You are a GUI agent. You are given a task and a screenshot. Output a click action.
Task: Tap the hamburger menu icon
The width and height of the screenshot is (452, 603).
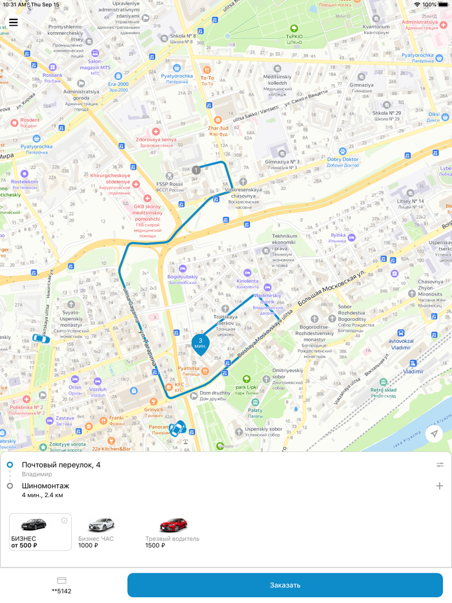tap(14, 23)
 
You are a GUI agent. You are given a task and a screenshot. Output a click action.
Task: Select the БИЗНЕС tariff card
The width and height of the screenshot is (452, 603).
tap(40, 531)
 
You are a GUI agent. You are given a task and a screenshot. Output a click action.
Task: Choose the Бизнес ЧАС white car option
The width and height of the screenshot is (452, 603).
tap(101, 532)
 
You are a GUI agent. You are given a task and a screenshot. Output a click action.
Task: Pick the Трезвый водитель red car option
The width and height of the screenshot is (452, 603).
tap(172, 532)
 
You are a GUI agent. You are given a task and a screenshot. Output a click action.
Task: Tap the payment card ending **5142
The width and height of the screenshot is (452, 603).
tap(62, 585)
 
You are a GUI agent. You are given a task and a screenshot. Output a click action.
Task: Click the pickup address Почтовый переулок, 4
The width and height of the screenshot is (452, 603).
tap(61, 465)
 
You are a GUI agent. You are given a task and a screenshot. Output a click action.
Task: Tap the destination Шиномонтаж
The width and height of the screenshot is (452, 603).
tap(46, 486)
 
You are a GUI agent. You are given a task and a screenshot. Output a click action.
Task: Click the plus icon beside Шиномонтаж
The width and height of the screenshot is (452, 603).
tap(440, 486)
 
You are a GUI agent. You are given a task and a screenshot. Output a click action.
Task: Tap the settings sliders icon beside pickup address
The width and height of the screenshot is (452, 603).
tap(440, 465)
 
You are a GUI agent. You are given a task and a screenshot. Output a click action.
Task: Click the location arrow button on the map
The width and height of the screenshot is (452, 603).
tap(435, 434)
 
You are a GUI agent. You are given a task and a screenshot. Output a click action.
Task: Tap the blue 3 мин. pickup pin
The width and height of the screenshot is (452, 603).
tap(201, 343)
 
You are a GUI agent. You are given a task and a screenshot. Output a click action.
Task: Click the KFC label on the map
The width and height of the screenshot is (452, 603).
tap(179, 385)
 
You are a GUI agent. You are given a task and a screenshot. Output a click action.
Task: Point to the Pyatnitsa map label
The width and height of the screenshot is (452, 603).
tap(189, 369)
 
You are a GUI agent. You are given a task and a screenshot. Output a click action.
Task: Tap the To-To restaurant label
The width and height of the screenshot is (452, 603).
tap(207, 78)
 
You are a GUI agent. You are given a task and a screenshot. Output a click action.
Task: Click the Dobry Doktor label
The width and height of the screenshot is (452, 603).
tap(343, 159)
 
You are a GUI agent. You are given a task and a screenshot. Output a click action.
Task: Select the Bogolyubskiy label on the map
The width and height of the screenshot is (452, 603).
tap(182, 277)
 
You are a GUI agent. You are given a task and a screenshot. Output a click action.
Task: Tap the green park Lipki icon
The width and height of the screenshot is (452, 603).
tap(246, 380)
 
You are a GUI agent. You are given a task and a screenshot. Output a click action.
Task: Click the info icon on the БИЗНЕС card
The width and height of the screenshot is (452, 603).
tap(65, 520)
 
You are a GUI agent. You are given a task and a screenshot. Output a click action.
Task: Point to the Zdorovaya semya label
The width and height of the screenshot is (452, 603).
tap(156, 139)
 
